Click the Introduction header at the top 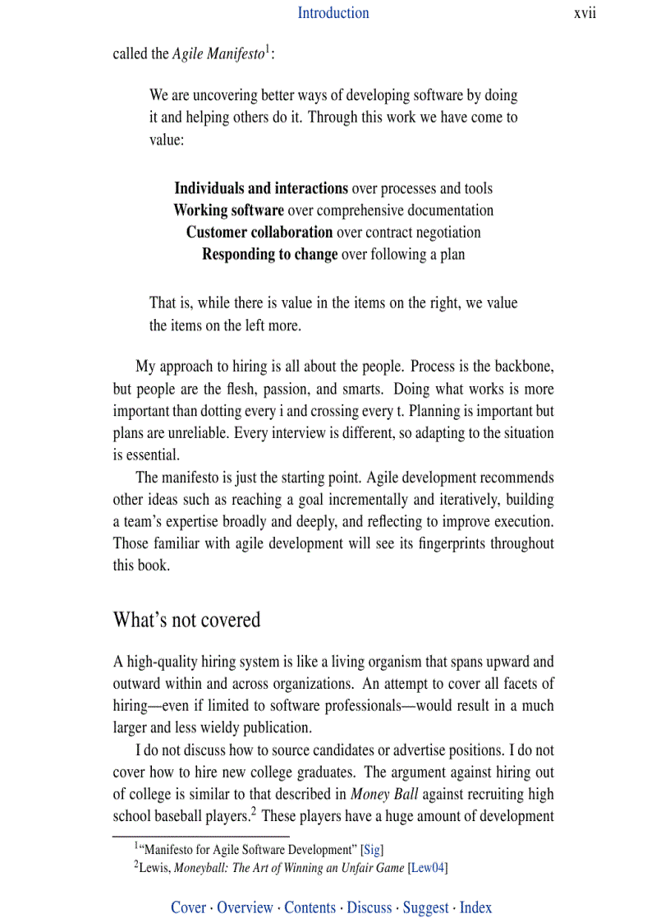pyautogui.click(x=333, y=12)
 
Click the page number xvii pyautogui.click(x=585, y=12)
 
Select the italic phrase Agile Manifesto pyautogui.click(x=218, y=54)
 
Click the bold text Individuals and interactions pyautogui.click(x=260, y=188)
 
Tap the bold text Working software pyautogui.click(x=228, y=210)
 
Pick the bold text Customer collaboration pyautogui.click(x=259, y=232)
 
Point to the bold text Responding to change pyautogui.click(x=269, y=254)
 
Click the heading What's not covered pyautogui.click(x=186, y=619)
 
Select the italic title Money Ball pyautogui.click(x=384, y=794)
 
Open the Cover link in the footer pyautogui.click(x=188, y=907)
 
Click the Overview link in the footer pyautogui.click(x=245, y=907)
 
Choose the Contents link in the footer pyautogui.click(x=310, y=907)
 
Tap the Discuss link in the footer pyautogui.click(x=369, y=907)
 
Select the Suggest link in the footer pyautogui.click(x=425, y=907)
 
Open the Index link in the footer pyautogui.click(x=475, y=907)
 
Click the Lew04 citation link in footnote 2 pyautogui.click(x=428, y=868)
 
